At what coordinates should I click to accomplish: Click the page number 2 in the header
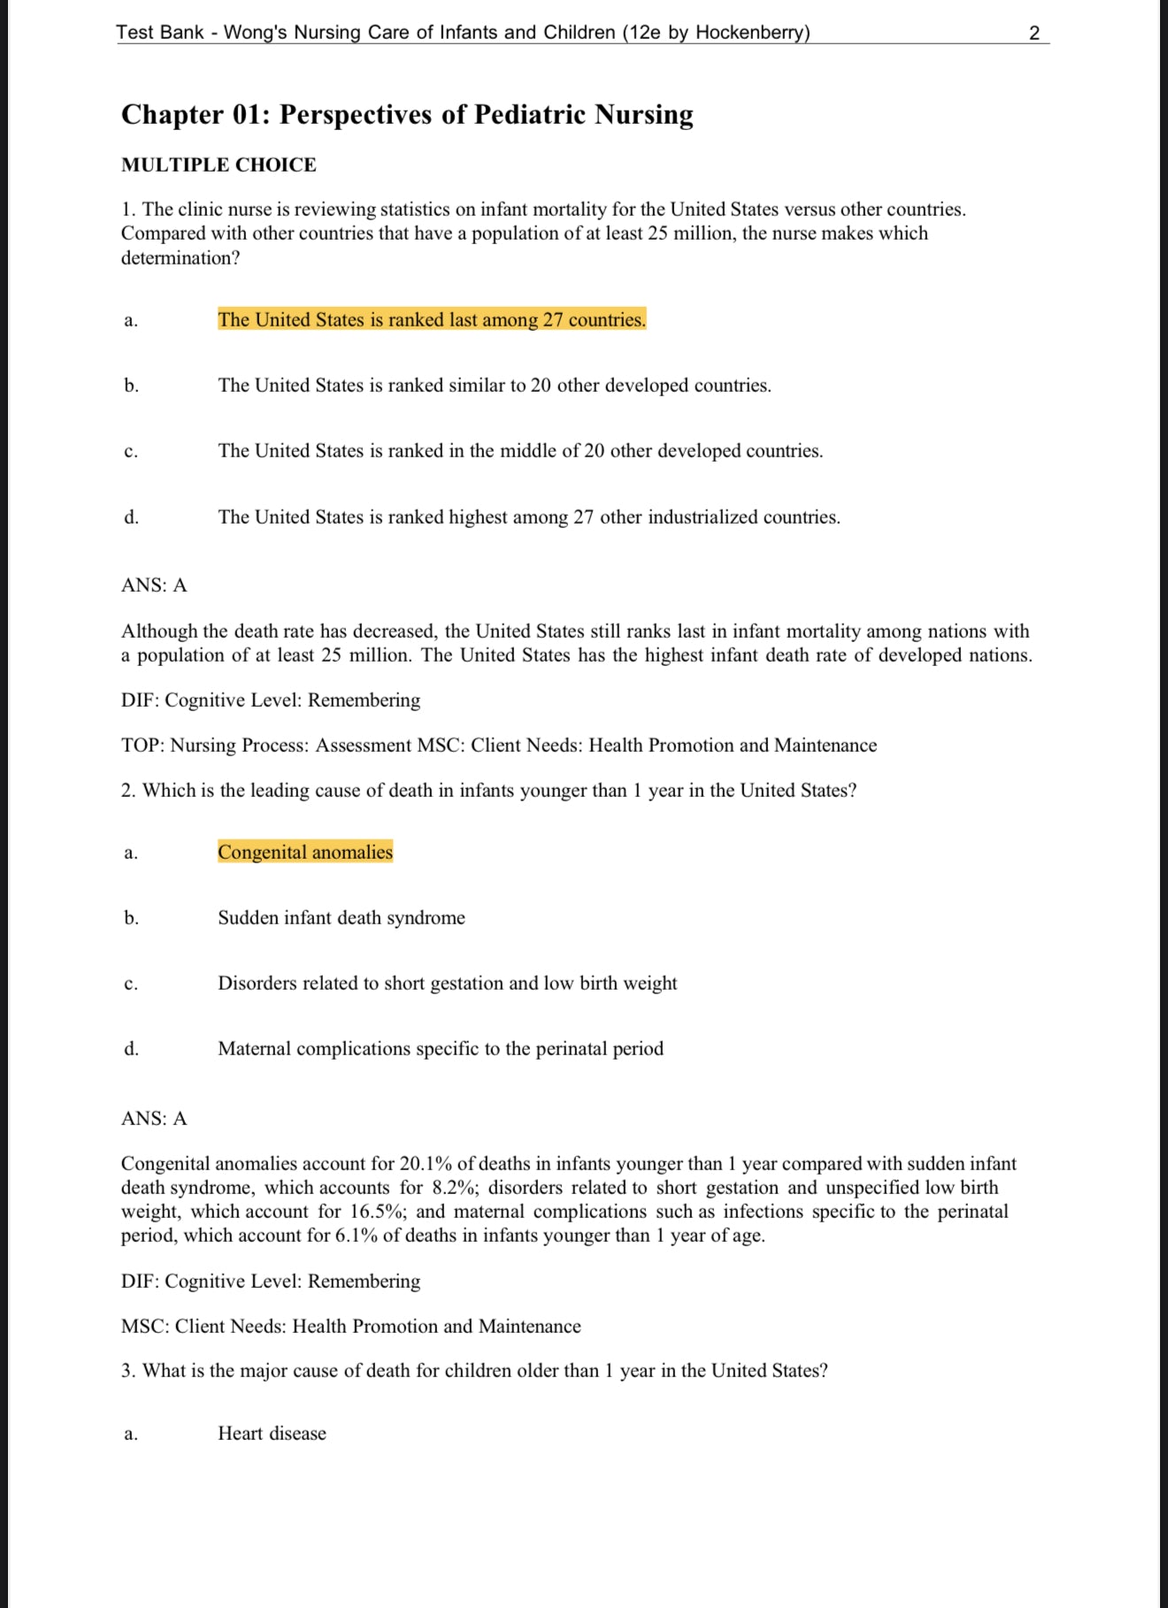pyautogui.click(x=1034, y=34)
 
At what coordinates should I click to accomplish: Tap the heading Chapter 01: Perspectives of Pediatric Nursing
pyautogui.click(x=407, y=115)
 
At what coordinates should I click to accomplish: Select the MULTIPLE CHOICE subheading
pyautogui.click(x=219, y=165)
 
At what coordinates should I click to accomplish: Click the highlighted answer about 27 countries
pyautogui.click(x=432, y=320)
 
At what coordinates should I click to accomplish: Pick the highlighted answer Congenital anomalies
pyautogui.click(x=305, y=853)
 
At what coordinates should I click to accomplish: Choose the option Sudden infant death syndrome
pyautogui.click(x=342, y=918)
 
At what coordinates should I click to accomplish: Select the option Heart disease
pyautogui.click(x=272, y=1434)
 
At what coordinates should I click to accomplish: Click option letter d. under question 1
pyautogui.click(x=131, y=517)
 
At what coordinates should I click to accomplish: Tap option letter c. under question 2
pyautogui.click(x=131, y=984)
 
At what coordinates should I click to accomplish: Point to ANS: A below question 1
pyautogui.click(x=154, y=586)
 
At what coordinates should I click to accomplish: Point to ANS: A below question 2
pyautogui.click(x=154, y=1119)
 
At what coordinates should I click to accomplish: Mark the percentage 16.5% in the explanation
pyautogui.click(x=376, y=1212)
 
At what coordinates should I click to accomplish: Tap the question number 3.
pyautogui.click(x=128, y=1371)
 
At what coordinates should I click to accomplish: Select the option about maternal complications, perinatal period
pyautogui.click(x=441, y=1049)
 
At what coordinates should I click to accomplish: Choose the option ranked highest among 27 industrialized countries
pyautogui.click(x=529, y=517)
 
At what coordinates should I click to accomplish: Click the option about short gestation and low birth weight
pyautogui.click(x=447, y=984)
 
